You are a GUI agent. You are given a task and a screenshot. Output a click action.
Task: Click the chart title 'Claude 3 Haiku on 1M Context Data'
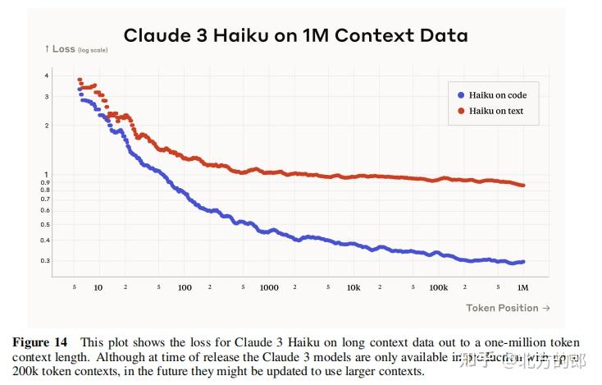(295, 35)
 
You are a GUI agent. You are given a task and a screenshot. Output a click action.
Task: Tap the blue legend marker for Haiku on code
(461, 96)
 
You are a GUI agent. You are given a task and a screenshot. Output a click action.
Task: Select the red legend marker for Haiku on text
(461, 111)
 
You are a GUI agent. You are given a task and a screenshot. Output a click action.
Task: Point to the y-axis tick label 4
(47, 76)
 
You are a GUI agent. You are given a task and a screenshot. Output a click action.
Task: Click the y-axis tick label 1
(47, 174)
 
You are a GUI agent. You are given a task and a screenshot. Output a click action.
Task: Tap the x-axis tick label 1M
(522, 288)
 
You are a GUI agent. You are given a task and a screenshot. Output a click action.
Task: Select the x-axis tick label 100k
(439, 288)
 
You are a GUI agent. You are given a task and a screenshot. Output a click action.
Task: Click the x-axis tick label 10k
(353, 288)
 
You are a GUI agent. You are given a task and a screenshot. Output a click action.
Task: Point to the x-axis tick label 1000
(269, 288)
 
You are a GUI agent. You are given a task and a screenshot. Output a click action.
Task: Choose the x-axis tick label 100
(185, 288)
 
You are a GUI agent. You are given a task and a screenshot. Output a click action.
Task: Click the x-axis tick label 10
(98, 288)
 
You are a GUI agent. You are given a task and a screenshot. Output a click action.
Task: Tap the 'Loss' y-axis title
(63, 49)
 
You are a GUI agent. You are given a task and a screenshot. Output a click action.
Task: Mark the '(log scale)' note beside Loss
(92, 51)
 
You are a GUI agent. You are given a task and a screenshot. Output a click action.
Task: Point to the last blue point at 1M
(522, 262)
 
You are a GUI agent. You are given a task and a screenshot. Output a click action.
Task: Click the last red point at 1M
(522, 186)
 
